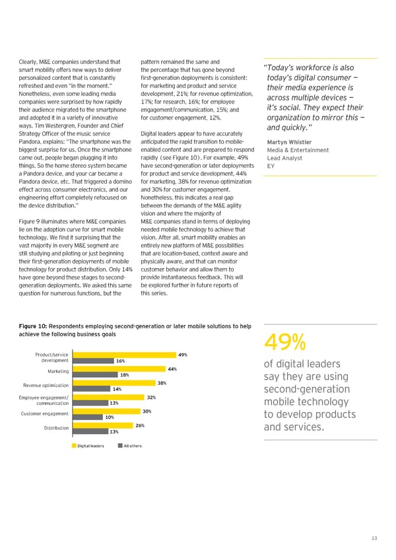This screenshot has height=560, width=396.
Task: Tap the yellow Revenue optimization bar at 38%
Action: point(113,383)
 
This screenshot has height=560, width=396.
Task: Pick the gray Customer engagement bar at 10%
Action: point(86,417)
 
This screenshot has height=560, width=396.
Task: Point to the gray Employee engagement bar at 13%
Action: point(89,403)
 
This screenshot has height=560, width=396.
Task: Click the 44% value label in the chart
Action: point(172,368)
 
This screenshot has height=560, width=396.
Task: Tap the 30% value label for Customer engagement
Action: point(147,411)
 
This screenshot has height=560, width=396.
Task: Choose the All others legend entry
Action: point(130,446)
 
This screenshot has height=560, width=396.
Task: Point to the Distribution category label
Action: point(56,428)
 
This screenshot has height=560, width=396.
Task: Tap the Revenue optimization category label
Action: point(46,386)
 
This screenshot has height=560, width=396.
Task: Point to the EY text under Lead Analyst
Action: point(270,166)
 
